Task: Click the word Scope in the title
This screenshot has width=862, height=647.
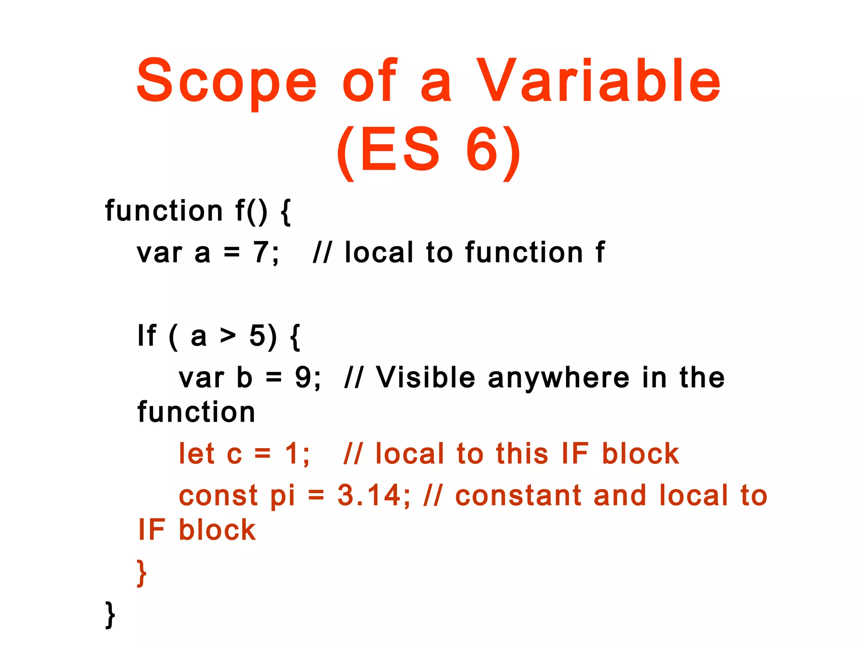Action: [226, 81]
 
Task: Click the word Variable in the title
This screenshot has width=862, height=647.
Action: [599, 81]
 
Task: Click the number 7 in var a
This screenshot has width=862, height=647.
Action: [260, 253]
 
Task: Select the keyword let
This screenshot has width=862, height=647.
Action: [197, 454]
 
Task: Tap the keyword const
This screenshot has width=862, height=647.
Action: [218, 495]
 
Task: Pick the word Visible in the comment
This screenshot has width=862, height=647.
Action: [426, 377]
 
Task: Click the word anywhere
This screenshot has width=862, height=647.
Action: [559, 378]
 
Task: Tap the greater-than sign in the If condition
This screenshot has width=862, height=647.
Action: [228, 336]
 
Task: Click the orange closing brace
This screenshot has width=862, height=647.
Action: [142, 573]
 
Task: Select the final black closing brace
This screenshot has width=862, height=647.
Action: [109, 615]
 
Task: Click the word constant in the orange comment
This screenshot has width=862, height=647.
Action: [518, 495]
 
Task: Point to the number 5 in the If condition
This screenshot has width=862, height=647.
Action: [257, 336]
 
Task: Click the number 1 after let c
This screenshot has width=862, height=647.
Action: [292, 454]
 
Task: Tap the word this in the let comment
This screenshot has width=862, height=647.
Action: [522, 454]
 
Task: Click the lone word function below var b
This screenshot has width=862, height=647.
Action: [196, 412]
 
